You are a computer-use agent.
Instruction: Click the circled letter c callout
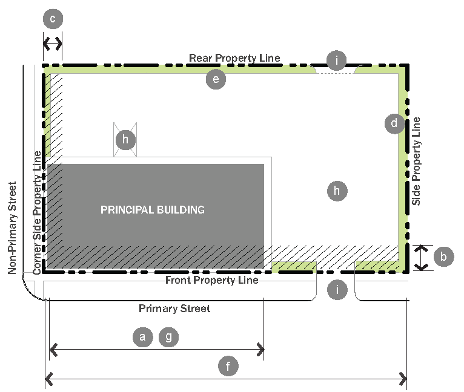click(53, 19)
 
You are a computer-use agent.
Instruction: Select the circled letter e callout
click(216, 79)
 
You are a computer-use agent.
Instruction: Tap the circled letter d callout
click(394, 124)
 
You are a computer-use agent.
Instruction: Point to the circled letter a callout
click(142, 337)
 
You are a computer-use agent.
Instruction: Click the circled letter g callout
click(169, 337)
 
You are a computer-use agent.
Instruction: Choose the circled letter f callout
click(228, 366)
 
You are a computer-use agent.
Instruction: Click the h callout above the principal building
click(125, 140)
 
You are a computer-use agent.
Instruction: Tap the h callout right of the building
click(337, 191)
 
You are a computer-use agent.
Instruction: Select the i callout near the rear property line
click(336, 60)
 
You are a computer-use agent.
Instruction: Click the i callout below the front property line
click(336, 290)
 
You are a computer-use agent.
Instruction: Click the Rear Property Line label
click(234, 58)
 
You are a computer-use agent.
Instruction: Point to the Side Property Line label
click(416, 165)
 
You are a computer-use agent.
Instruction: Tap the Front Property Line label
click(212, 280)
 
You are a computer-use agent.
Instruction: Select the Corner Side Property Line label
click(38, 212)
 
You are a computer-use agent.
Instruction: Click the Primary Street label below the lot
click(174, 309)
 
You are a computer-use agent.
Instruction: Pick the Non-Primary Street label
click(13, 227)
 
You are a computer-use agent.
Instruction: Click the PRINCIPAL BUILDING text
click(153, 210)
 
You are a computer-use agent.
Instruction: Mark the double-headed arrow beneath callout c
click(53, 44)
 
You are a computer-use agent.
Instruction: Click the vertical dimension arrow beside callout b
click(422, 258)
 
